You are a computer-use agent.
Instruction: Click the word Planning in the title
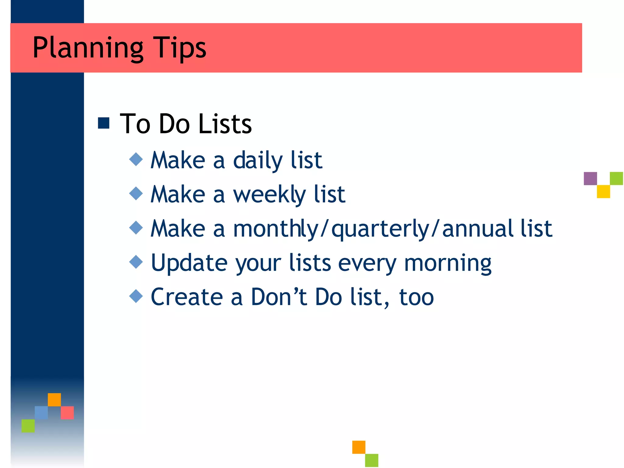[x=88, y=48]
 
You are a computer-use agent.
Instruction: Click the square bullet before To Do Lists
[x=104, y=123]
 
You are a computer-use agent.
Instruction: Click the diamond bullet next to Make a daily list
[x=136, y=159]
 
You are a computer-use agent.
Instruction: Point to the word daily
[x=258, y=161]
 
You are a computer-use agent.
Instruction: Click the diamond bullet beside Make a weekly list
[x=136, y=193]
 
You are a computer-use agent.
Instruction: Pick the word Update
[x=189, y=263]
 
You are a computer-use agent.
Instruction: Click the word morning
[x=448, y=263]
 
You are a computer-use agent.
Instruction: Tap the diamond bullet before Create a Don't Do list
[x=136, y=296]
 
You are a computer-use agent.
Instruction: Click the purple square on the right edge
[x=590, y=179]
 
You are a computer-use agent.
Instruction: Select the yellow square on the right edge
[x=603, y=192]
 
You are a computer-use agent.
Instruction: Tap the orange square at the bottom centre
[x=359, y=447]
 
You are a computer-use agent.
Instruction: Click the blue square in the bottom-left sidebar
[x=41, y=413]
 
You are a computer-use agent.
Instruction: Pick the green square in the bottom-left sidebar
[x=28, y=426]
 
